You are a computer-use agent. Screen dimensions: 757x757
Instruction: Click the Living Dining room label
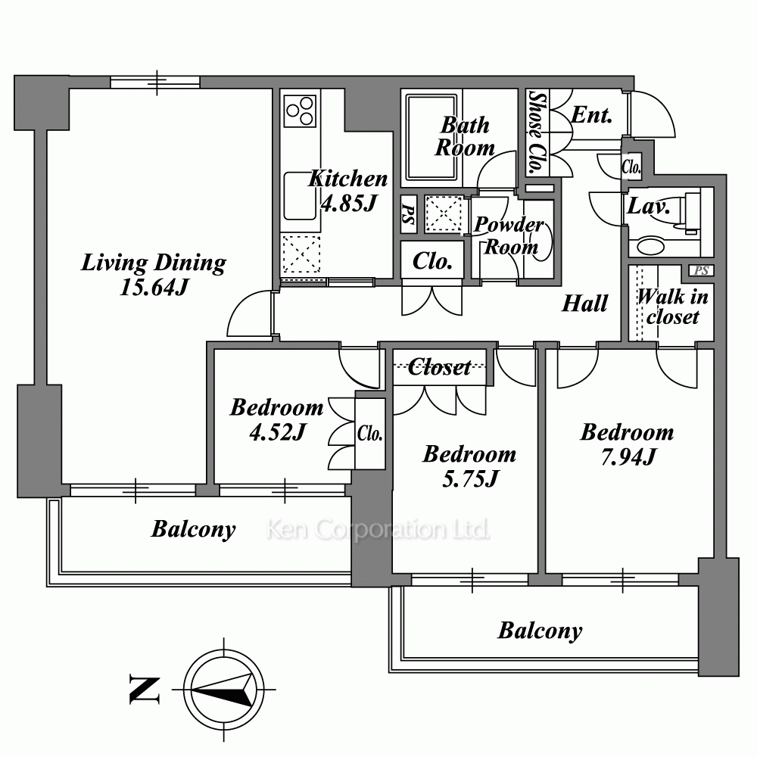coord(154,263)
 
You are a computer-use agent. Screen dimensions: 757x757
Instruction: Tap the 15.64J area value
coord(154,288)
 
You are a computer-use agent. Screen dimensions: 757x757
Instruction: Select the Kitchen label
coord(348,179)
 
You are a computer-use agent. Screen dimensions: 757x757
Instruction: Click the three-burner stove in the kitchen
coord(300,111)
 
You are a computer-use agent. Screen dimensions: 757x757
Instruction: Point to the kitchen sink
coord(299,196)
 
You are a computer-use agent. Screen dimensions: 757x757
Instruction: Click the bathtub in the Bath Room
coord(431,136)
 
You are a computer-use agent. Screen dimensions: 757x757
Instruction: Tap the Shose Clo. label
coord(537,132)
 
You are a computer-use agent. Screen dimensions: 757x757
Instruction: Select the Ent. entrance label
coord(592,115)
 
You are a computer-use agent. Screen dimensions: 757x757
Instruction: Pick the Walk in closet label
coord(672,307)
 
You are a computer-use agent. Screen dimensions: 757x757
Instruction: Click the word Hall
coord(584,304)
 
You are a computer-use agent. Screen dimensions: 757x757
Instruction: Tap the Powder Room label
coord(509,235)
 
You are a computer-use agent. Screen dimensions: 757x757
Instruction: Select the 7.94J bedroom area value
coord(628,456)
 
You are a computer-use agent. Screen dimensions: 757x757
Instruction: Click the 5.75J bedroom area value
coord(470,479)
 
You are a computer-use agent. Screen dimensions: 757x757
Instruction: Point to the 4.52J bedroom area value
coord(277,431)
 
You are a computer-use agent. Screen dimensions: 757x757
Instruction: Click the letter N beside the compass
coord(145,690)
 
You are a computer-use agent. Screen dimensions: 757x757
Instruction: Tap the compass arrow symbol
coord(224,690)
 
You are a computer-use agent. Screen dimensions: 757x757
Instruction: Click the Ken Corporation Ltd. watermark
coord(378,529)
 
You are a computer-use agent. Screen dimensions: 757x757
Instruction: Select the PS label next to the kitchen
coord(409,214)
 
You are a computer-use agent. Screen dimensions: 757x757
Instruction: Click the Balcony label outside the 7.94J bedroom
coord(540,631)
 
